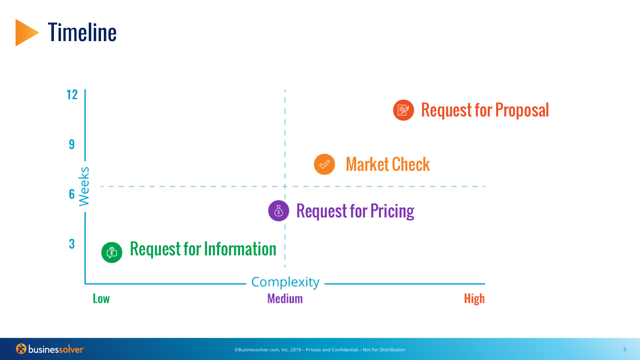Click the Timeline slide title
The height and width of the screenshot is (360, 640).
pos(82,32)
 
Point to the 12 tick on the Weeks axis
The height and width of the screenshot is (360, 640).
pos(72,95)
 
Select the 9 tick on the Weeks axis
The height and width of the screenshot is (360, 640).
pos(72,144)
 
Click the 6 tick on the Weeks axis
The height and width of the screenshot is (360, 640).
pos(72,194)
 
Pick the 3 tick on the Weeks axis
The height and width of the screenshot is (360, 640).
pos(72,244)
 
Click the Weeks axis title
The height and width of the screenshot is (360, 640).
pos(84,186)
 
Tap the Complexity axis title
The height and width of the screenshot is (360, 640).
pos(285,282)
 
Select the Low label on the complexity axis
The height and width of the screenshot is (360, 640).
pos(101,299)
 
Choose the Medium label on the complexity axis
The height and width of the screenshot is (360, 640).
pos(285,299)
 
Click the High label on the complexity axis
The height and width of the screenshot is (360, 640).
pos(475,299)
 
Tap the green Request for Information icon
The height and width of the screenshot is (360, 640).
pos(112,252)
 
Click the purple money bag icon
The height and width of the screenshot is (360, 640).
pos(278,211)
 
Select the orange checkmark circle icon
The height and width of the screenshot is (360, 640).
pos(324,164)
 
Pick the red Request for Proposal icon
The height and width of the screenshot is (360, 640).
pos(403,110)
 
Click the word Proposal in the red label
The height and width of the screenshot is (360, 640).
pos(522,110)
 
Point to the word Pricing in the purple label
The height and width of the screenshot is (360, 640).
pos(392,211)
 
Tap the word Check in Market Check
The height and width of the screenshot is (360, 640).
pos(411,164)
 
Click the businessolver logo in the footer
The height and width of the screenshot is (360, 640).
pos(50,349)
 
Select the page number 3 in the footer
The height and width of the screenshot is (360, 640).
pos(624,349)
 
